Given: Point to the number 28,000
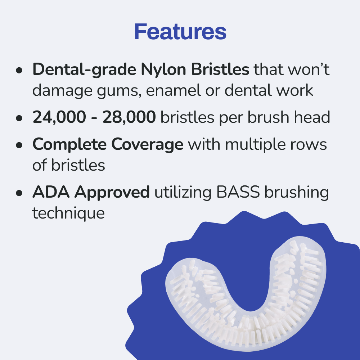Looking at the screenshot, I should tap(129, 118).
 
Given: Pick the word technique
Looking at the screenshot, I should tap(68, 213).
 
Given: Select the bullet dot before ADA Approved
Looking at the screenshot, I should tap(20, 193).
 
